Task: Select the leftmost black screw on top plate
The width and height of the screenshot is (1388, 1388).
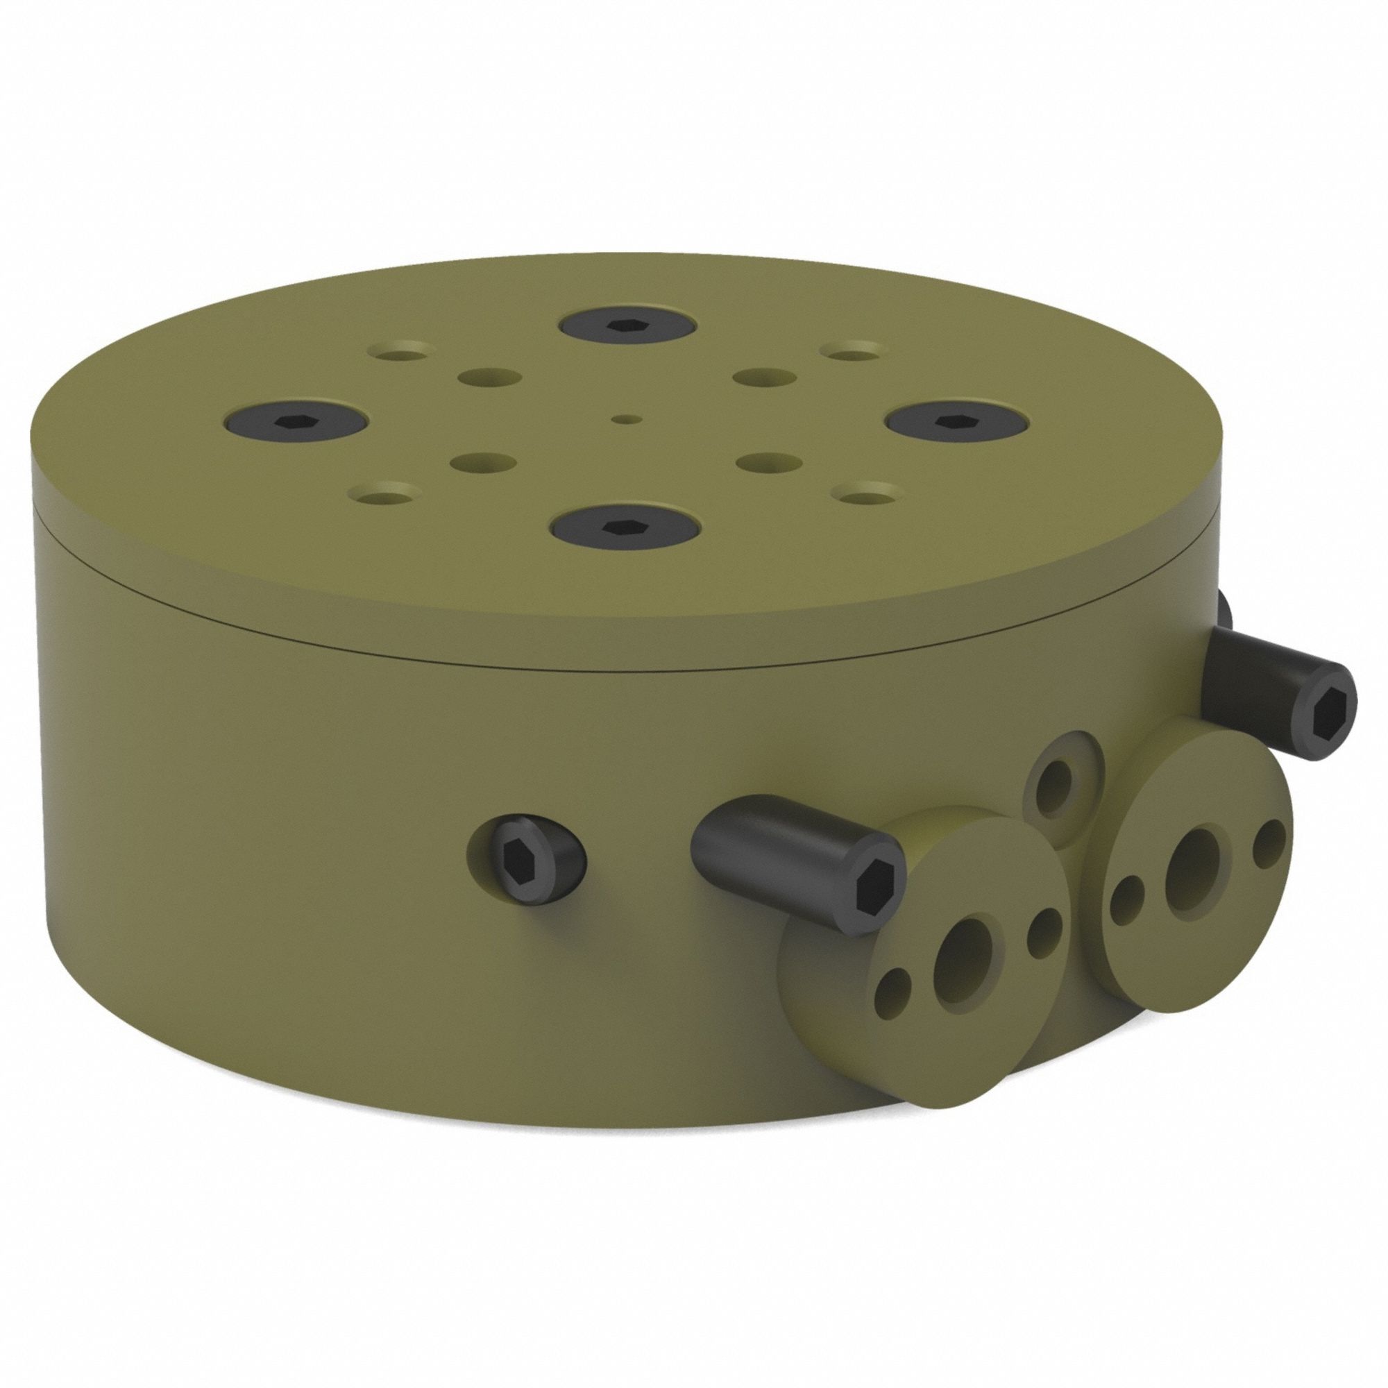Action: [x=295, y=421]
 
